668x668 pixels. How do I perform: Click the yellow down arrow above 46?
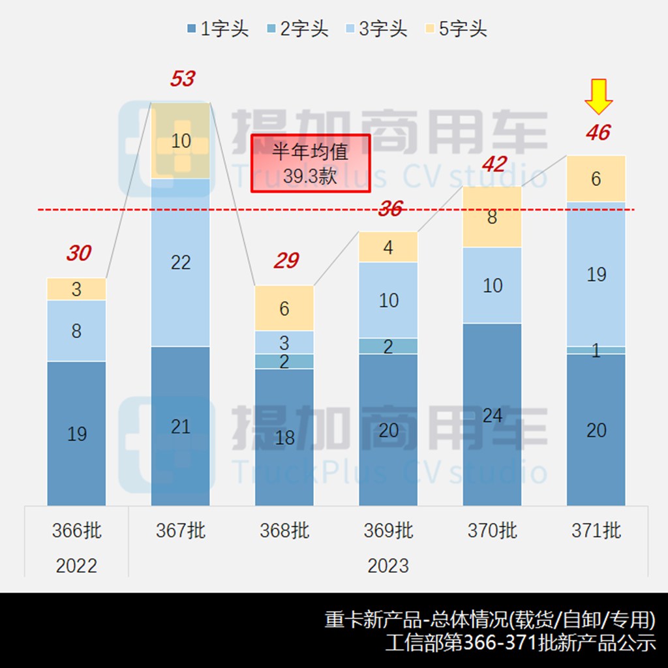[598, 97]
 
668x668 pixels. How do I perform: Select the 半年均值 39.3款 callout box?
[311, 163]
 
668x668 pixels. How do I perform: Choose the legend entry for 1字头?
[217, 29]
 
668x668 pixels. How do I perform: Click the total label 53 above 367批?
[182, 79]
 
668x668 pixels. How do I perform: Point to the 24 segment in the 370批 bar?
[492, 414]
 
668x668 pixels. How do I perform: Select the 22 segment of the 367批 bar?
[181, 262]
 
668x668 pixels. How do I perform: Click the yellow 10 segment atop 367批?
[181, 141]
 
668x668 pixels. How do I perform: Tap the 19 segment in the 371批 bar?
[596, 274]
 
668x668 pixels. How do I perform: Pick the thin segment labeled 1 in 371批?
[596, 350]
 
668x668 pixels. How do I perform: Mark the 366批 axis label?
[77, 531]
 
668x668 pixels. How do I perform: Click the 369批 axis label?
[388, 531]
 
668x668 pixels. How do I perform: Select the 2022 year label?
[77, 565]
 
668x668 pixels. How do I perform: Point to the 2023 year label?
[388, 565]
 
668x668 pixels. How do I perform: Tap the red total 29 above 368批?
[286, 261]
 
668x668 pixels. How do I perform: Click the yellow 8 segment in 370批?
[492, 217]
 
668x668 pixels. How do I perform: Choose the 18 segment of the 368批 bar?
[284, 437]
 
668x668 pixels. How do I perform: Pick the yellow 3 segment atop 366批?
[76, 289]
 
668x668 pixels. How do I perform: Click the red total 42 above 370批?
[493, 164]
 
